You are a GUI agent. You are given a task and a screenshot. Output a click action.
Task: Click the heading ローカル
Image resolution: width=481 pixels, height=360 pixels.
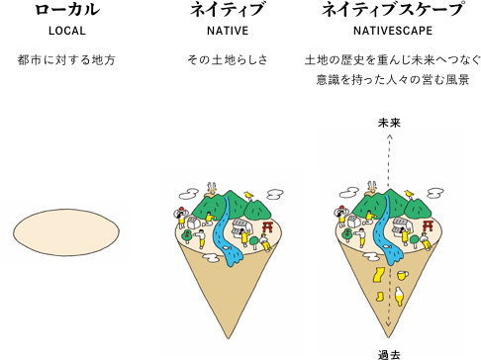click(x=65, y=11)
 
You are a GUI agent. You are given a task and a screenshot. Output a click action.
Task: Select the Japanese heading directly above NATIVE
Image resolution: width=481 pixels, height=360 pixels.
click(x=223, y=11)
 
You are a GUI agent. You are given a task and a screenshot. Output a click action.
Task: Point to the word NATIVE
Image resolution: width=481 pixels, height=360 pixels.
click(x=223, y=32)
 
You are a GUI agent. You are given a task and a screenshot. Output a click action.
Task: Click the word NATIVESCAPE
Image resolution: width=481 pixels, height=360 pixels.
click(x=392, y=32)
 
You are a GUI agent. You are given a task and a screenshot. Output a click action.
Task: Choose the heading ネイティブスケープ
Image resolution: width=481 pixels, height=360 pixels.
click(x=392, y=11)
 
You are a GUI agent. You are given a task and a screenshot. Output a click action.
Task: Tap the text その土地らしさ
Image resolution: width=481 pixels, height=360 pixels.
click(x=223, y=60)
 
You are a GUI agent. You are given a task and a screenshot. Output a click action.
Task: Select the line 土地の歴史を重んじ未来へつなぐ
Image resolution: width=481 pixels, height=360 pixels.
click(x=392, y=60)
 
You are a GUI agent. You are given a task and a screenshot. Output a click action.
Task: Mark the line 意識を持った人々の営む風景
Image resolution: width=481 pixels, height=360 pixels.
click(x=392, y=79)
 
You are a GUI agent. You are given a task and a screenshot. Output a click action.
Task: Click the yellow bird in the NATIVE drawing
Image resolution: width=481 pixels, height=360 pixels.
click(x=248, y=193)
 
